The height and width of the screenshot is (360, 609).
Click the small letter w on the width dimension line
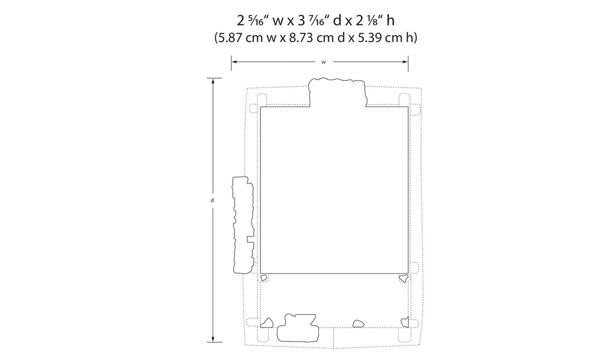tap(324, 62)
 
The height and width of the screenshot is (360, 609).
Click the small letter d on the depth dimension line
tap(212, 200)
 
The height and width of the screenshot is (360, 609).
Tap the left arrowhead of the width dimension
tap(234, 62)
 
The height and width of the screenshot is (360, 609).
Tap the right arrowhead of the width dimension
tap(405, 62)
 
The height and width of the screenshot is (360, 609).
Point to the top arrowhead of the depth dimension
tap(213, 81)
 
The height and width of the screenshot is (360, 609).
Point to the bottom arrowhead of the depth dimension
tap(213, 340)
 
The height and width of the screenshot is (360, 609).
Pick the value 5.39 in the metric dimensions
tap(369, 38)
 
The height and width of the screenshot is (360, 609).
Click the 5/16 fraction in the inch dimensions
tap(256, 21)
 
